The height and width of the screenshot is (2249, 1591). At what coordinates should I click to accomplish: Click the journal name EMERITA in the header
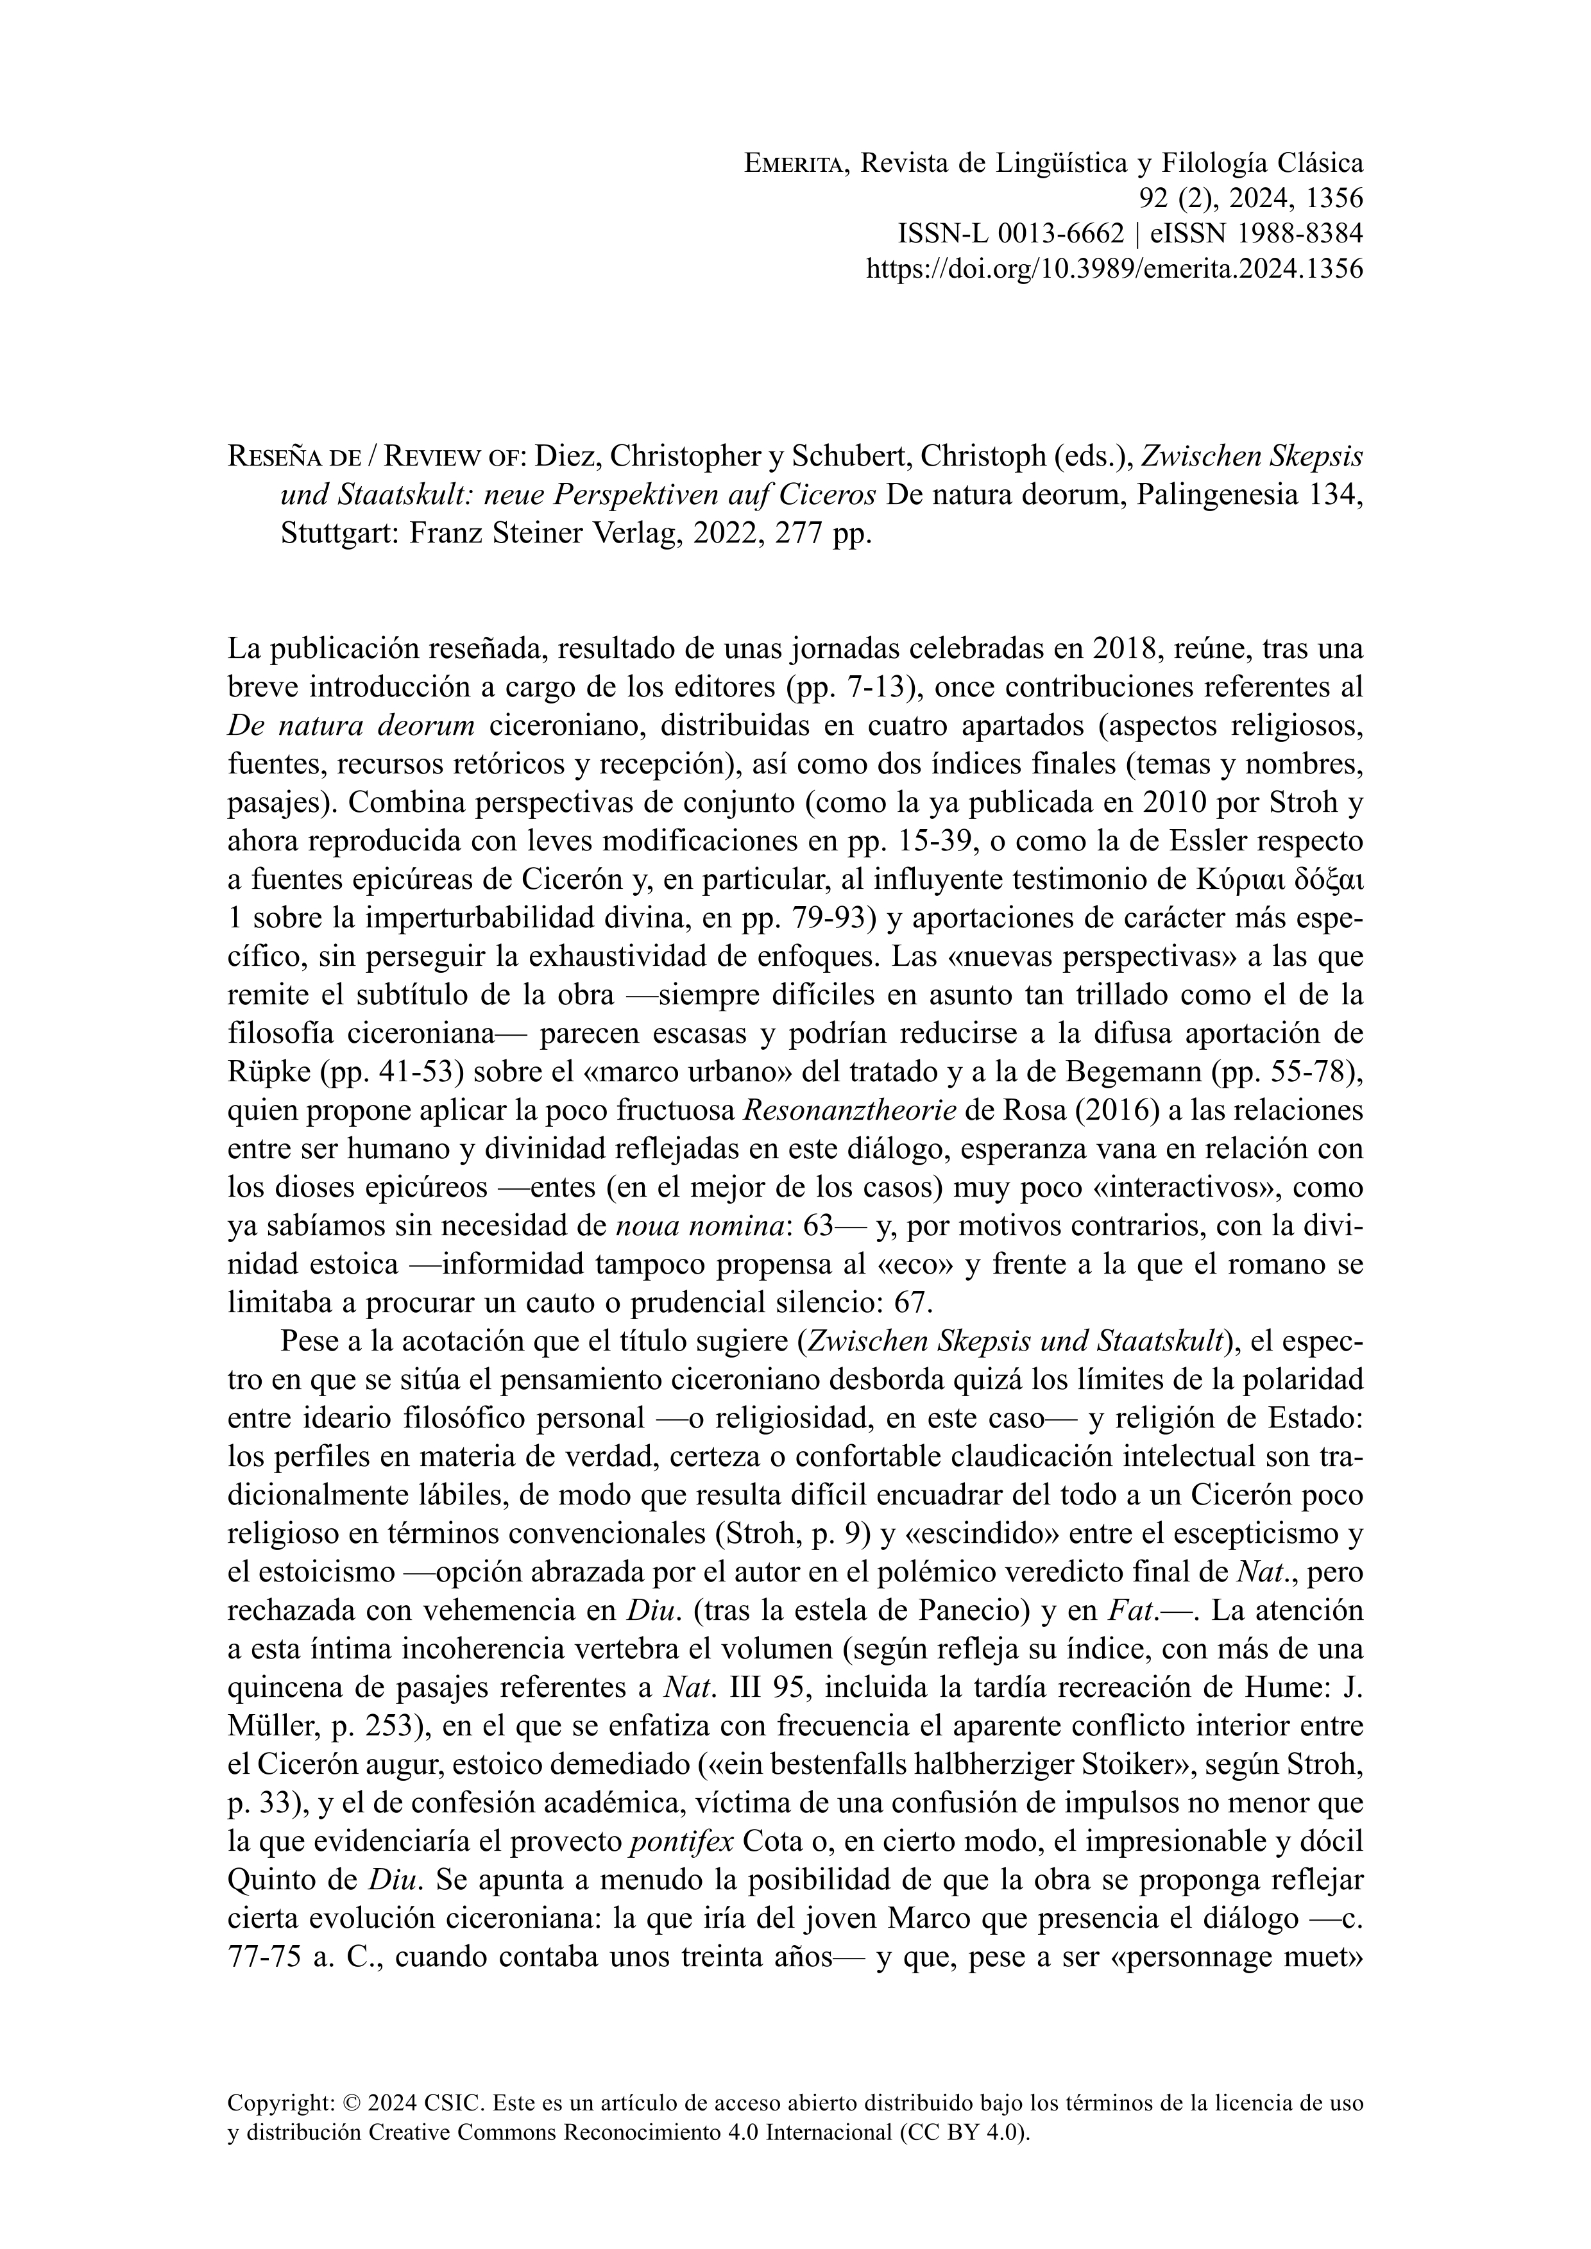(799, 163)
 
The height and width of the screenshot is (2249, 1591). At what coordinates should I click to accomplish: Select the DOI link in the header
(1115, 269)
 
